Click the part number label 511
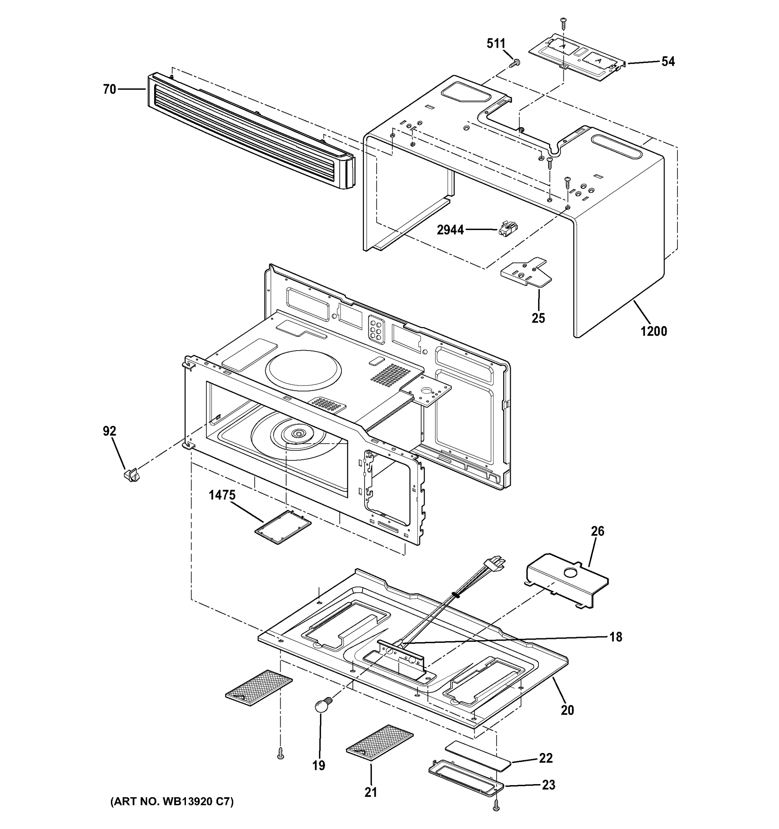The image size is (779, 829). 496,44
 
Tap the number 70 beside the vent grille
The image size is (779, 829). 109,89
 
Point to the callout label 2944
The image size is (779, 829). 450,230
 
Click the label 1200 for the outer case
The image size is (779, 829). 654,332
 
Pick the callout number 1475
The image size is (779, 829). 222,495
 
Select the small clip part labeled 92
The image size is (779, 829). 131,474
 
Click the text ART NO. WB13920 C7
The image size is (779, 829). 171,801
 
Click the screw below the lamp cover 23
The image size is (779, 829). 496,806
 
